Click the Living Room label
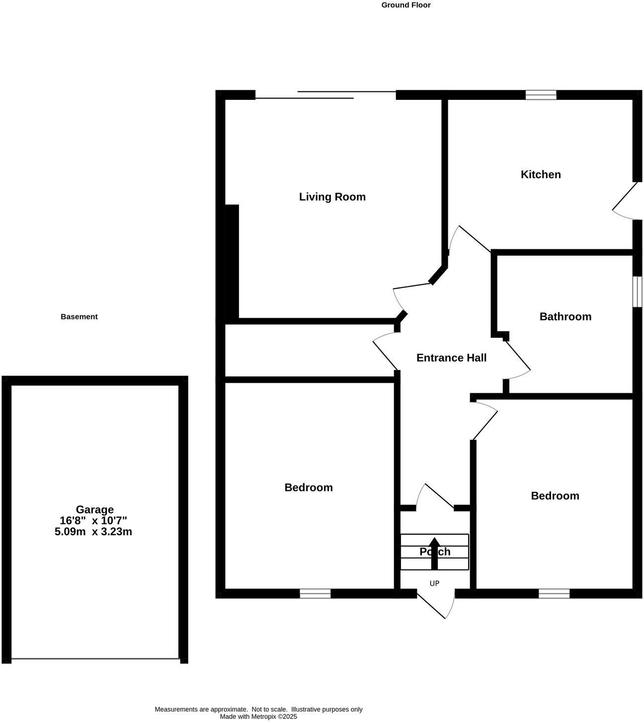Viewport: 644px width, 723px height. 332,197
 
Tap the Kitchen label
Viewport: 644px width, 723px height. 541,174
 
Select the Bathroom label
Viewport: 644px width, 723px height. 565,316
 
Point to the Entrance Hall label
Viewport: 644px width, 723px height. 451,358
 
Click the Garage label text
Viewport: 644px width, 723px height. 94,509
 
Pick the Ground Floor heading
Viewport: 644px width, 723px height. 405,5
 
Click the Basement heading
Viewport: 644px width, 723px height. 79,316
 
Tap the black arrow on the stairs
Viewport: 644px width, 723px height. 434,552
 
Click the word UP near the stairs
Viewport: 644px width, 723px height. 434,583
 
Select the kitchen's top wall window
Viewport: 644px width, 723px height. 541,95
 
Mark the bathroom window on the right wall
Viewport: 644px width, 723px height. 637,291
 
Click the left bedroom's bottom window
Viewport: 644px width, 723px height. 315,593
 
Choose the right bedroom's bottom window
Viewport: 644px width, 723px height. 554,593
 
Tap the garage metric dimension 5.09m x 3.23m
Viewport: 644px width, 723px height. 93,532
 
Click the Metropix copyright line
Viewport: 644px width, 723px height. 258,717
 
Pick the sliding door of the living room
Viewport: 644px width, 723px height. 325,95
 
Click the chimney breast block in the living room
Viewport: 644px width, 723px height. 232,261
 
